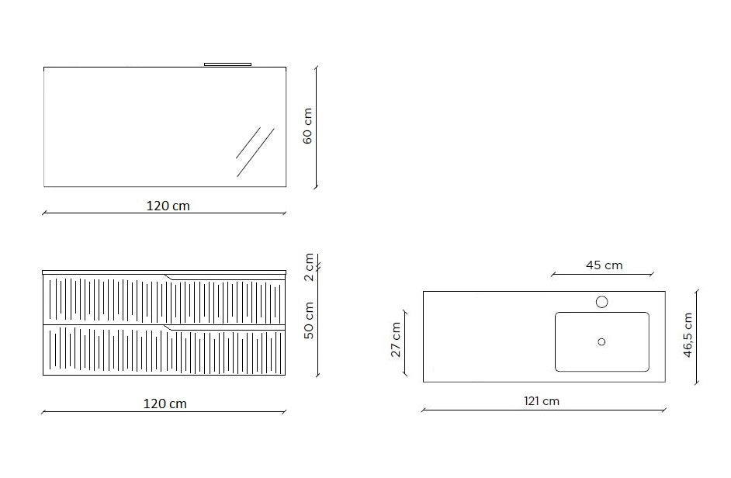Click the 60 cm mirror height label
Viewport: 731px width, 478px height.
[x=308, y=126]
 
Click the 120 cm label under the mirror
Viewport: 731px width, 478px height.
[x=168, y=206]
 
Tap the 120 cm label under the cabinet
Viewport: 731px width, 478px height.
[x=165, y=404]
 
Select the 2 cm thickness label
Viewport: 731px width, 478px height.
[x=309, y=267]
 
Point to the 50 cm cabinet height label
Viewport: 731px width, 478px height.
[x=309, y=320]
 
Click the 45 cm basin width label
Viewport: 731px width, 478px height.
[x=605, y=265]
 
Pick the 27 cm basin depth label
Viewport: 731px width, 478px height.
[x=396, y=340]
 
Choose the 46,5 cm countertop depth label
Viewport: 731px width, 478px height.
[x=688, y=335]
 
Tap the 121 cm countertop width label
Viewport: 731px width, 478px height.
[x=541, y=400]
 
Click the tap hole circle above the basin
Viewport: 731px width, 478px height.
[x=602, y=302]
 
